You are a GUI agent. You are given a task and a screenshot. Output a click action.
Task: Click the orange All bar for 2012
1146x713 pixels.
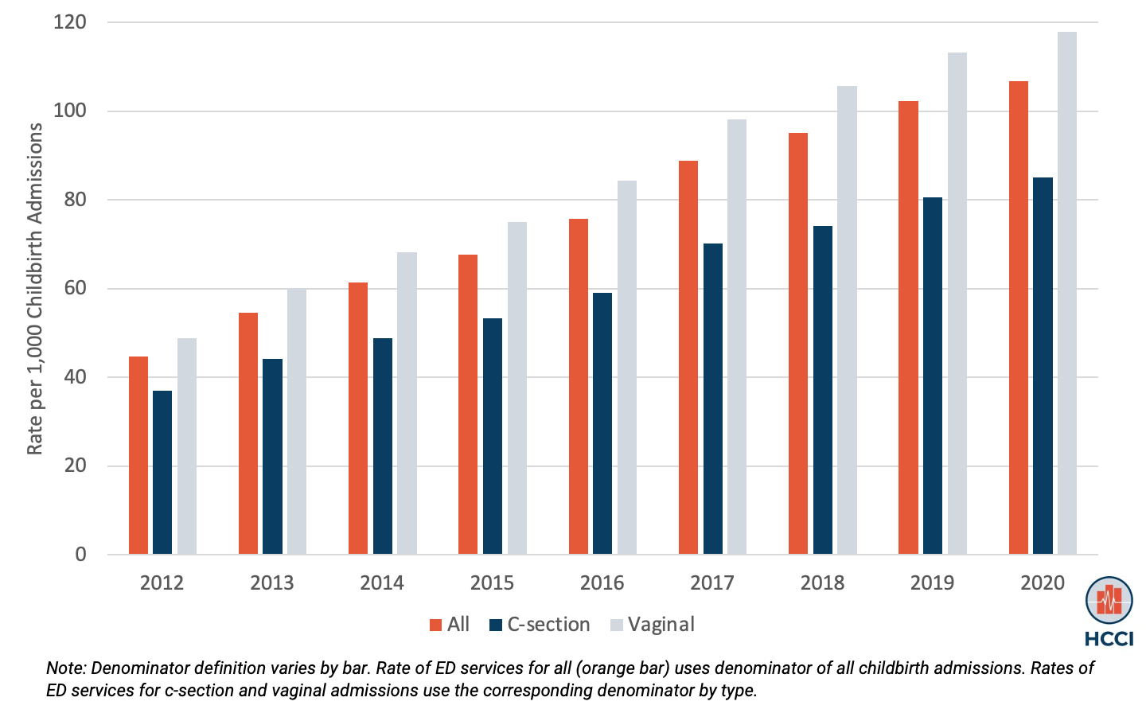point(138,455)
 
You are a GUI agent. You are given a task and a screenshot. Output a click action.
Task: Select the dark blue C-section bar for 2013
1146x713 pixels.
point(272,457)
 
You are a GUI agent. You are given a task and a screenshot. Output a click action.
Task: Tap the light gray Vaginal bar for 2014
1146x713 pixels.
point(407,403)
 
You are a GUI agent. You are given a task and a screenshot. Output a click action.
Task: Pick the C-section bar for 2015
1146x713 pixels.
point(493,436)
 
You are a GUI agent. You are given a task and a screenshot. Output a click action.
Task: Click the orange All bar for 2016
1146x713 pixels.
point(579,387)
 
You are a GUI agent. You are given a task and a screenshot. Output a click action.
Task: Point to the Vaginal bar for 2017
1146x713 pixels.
point(737,337)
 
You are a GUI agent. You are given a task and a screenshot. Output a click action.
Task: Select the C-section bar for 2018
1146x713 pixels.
point(822,390)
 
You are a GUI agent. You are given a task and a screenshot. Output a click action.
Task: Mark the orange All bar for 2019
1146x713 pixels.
point(908,328)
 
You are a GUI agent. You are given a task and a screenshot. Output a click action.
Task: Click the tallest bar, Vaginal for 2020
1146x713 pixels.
point(1066,293)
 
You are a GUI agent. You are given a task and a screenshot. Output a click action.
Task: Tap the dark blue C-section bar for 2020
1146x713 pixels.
point(1043,366)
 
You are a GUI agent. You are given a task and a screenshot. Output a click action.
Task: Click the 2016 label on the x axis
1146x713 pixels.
point(602,583)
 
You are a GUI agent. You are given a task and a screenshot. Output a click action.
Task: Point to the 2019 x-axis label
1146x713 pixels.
point(932,583)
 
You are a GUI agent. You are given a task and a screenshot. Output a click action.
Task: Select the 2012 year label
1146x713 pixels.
point(162,583)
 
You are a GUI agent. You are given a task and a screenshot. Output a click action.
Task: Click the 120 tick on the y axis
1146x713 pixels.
point(70,22)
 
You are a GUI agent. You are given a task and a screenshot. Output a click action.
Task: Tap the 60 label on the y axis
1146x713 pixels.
point(75,288)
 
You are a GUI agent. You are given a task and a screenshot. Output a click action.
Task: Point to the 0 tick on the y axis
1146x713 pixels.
point(80,555)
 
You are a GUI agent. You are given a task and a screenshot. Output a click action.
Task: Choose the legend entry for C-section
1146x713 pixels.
point(540,625)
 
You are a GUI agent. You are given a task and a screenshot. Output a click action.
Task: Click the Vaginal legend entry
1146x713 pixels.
point(653,625)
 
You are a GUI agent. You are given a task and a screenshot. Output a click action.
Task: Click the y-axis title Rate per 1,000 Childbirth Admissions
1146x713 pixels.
point(35,288)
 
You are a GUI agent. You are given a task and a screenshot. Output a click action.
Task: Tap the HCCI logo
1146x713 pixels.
point(1109,610)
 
